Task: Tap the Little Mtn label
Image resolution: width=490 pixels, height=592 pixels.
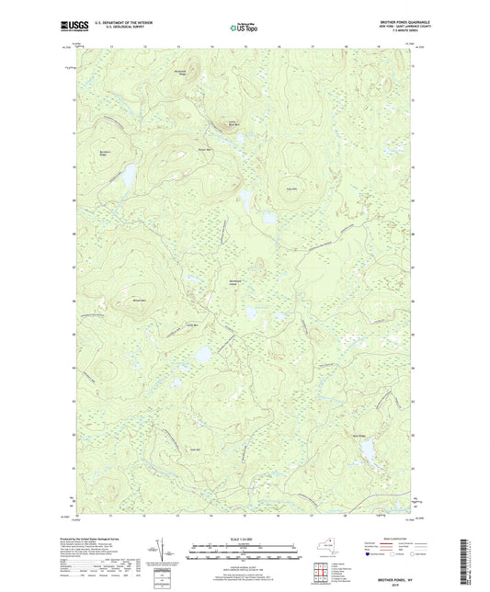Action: tap(192, 324)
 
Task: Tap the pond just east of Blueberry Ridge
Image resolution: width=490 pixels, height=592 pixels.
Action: tap(131, 173)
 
